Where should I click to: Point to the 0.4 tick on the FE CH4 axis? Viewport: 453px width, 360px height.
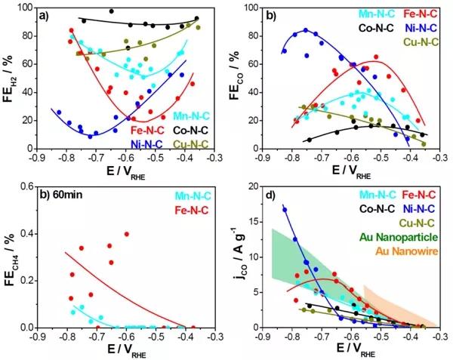28,233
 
